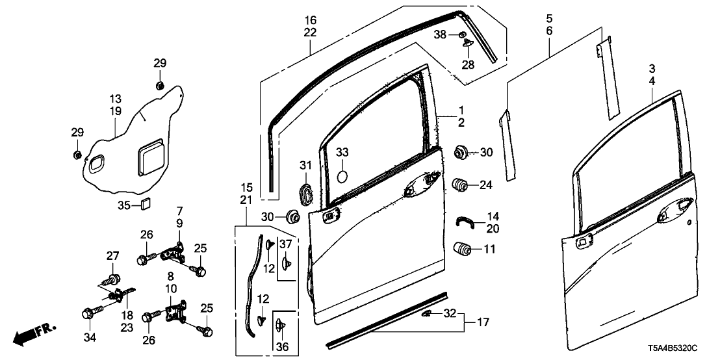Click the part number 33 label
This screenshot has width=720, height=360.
click(342, 152)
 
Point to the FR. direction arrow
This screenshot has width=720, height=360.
click(32, 335)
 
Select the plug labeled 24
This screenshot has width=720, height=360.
click(461, 185)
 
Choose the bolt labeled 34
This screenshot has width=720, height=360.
click(90, 314)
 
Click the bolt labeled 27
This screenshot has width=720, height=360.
click(113, 280)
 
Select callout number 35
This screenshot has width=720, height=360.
click(124, 205)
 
